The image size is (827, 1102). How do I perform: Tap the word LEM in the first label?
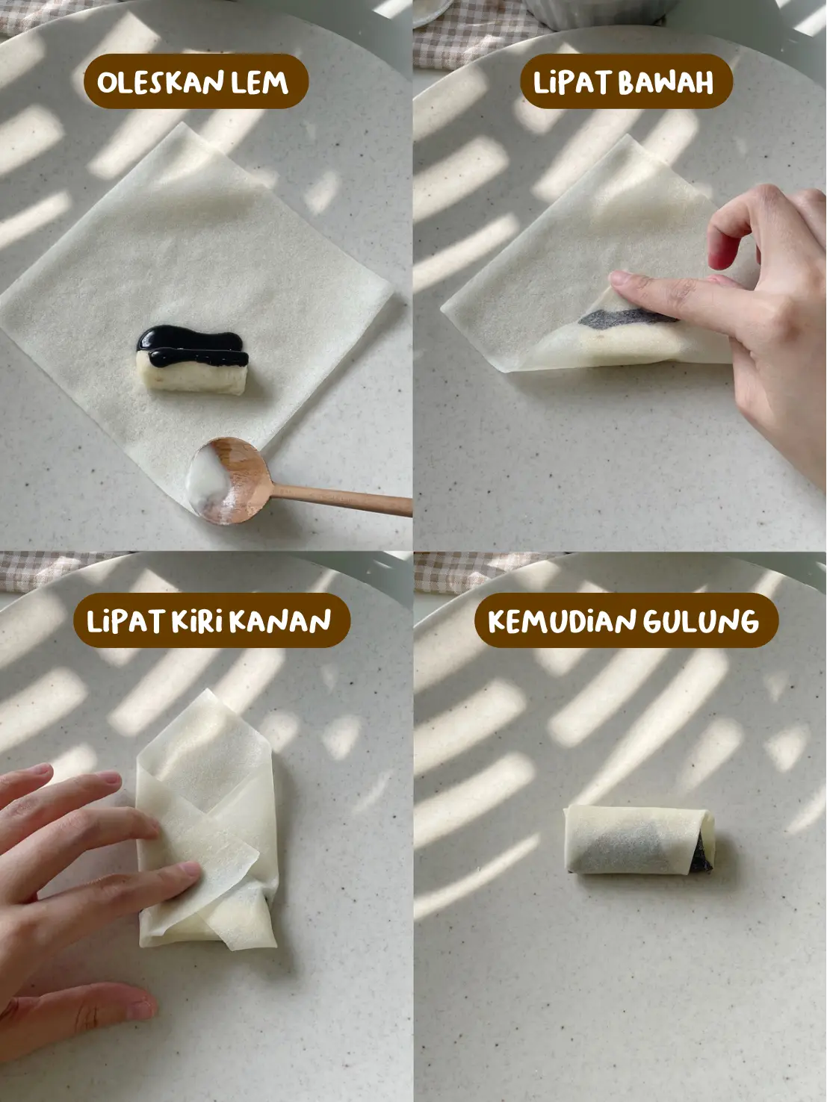pos(259,82)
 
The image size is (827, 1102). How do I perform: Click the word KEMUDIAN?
pos(562,621)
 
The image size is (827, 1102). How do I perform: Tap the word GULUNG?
pos(701,621)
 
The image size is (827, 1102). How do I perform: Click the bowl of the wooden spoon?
pos(229,481)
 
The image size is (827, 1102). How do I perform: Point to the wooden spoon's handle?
pos(341,500)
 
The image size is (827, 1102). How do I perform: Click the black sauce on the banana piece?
pos(192,346)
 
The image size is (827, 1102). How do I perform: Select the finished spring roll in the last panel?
pos(639,840)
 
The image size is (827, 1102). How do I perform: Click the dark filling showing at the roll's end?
pos(702,853)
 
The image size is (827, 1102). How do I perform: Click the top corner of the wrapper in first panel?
pos(179,123)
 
